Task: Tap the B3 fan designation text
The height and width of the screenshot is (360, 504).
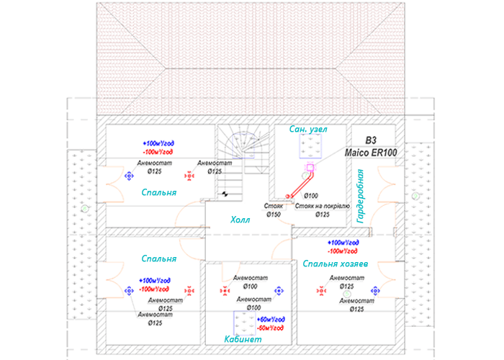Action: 371,140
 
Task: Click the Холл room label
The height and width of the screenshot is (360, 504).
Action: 240,220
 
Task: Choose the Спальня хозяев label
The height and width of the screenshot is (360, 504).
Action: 335,264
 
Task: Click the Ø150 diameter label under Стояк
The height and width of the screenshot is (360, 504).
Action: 274,214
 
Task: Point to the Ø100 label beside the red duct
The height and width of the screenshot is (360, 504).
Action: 311,196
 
